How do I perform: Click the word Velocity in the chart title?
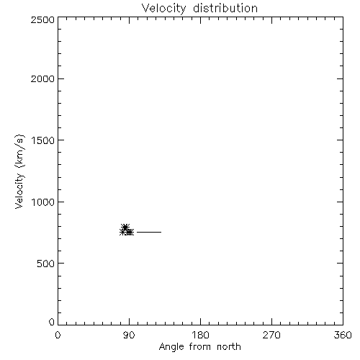[x=164, y=9]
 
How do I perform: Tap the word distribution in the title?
[x=225, y=8]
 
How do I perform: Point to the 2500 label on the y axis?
[x=42, y=19]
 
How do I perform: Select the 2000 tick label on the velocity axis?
[x=42, y=78]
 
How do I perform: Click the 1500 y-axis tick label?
[x=43, y=140]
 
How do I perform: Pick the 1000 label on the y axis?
[x=43, y=202]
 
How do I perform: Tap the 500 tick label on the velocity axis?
[x=46, y=264]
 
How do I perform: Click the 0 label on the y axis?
[x=52, y=322]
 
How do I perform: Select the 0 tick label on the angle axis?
[x=58, y=335]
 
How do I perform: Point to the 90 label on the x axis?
[x=129, y=335]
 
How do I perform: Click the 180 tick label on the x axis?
[x=200, y=335]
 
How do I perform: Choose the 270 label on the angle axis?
[x=271, y=335]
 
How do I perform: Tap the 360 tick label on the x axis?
[x=343, y=335]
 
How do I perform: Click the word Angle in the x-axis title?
[x=171, y=347]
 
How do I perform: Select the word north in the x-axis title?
[x=229, y=346]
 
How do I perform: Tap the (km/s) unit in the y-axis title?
[x=19, y=151]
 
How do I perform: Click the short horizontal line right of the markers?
[x=149, y=232]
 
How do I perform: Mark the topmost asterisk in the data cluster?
[x=125, y=227]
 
